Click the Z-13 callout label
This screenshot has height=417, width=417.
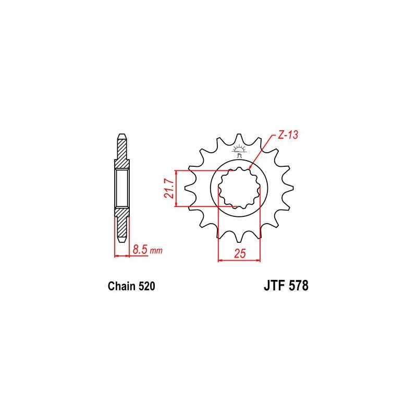288,135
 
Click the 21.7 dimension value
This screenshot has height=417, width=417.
169,189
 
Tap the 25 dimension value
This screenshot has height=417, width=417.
240,253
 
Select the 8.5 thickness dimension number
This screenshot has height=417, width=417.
140,250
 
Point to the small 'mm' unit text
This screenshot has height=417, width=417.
156,251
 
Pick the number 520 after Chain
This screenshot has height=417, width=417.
146,286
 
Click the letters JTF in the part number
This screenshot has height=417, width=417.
275,286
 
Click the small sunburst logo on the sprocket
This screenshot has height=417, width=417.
239,151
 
